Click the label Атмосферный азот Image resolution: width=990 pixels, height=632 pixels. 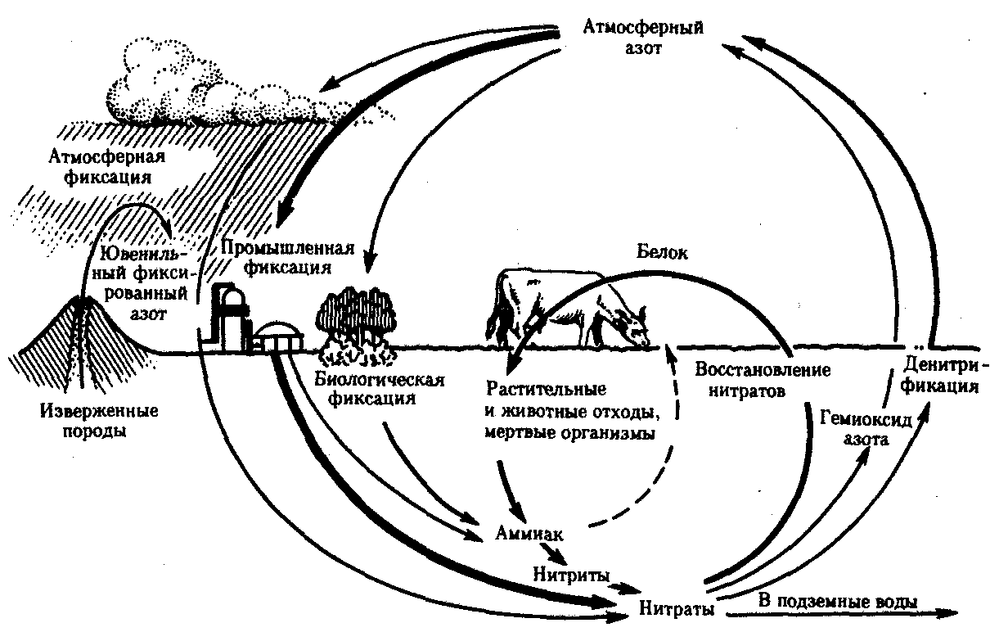coord(643,38)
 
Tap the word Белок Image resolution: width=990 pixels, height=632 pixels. coord(662,252)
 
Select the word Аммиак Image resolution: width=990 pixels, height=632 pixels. coord(529,534)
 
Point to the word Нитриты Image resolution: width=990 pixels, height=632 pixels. coord(571,575)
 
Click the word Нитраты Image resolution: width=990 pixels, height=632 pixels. coord(677,608)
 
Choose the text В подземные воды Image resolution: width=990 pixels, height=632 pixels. coord(838,602)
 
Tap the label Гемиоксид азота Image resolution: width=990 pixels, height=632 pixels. coord(866,428)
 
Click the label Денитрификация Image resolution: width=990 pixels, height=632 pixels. coord(939,375)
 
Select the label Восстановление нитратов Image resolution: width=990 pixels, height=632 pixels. coord(763,381)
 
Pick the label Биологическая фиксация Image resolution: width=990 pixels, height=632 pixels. coord(379,389)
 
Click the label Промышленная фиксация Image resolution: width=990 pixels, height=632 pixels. coord(288,258)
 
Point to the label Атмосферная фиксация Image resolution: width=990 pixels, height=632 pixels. coord(107,167)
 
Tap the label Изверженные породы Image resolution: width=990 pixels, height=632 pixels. coord(99,421)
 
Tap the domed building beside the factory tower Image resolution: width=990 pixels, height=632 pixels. coord(277,338)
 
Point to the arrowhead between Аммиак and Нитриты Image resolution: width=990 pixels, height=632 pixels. coord(558,558)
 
